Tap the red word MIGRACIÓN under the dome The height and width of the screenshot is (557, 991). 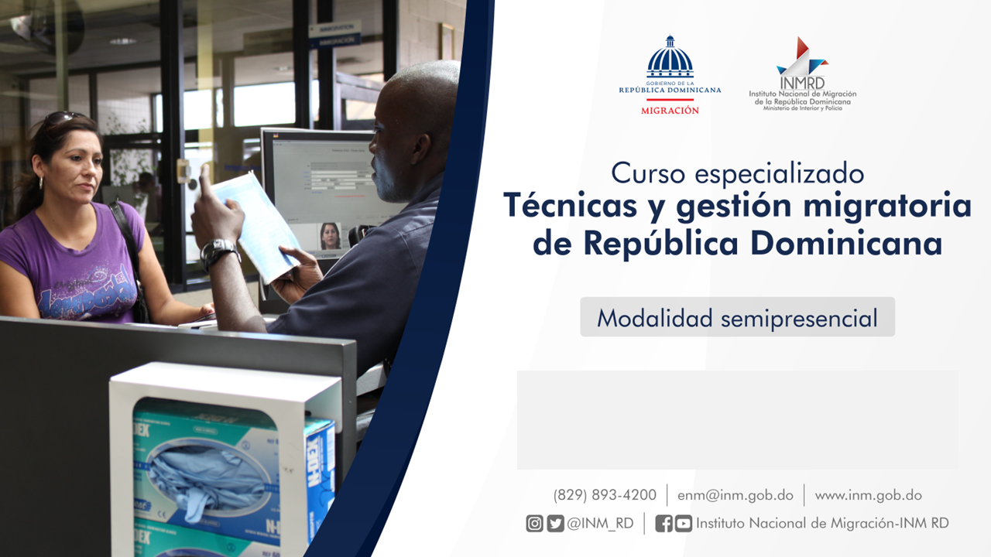tap(670, 111)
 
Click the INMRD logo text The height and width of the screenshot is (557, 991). tap(802, 83)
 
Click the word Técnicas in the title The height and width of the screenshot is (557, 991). tap(570, 206)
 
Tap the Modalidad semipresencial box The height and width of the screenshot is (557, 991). tap(738, 317)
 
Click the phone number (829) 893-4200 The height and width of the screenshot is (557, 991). tap(605, 495)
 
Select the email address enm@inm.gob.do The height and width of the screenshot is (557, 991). tap(736, 496)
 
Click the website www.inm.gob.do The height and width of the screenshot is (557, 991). tap(868, 496)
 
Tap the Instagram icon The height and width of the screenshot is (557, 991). tap(534, 524)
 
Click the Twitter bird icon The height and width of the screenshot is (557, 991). tap(555, 524)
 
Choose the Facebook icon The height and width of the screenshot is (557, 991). tap(664, 524)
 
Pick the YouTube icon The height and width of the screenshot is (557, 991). tap(684, 524)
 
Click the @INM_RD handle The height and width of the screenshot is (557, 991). tap(600, 524)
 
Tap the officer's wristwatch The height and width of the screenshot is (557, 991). tap(218, 252)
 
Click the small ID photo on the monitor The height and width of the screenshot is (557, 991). tap(330, 237)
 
